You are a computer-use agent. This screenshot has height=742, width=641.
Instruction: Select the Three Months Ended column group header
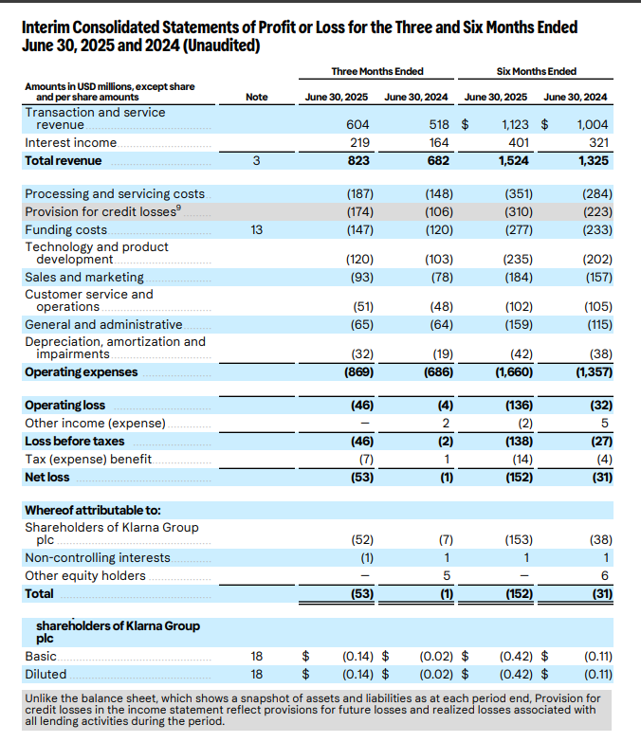point(376,72)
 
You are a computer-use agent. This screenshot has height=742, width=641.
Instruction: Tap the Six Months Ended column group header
point(536,72)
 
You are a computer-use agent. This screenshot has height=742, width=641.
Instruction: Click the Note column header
point(256,97)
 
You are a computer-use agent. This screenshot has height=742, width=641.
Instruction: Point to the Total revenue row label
point(63,161)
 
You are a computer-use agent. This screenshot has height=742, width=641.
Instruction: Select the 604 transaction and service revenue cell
point(357,124)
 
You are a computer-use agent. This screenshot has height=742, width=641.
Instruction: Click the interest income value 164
point(438,142)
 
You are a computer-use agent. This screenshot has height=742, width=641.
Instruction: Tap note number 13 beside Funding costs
point(256,229)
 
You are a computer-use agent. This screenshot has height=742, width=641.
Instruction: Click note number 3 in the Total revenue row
point(256,161)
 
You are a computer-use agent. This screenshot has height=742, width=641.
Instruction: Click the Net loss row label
point(47,478)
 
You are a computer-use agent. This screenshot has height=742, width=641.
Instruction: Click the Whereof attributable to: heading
point(92,511)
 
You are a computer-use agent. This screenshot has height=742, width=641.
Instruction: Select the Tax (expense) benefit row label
point(88,460)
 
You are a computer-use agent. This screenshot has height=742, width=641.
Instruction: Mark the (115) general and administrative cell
point(596,324)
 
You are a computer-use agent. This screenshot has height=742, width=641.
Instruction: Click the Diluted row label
point(46,675)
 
